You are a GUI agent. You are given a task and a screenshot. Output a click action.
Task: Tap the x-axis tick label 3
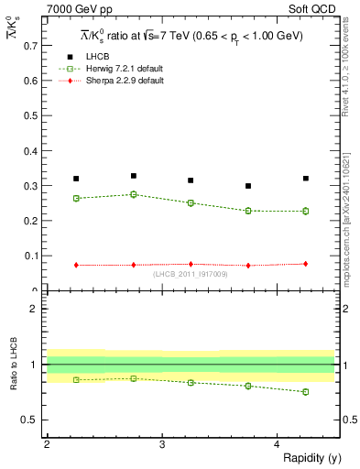[161, 444]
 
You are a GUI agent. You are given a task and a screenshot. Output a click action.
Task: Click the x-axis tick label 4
[277, 444]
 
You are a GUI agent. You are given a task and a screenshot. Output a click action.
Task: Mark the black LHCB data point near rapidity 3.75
[248, 186]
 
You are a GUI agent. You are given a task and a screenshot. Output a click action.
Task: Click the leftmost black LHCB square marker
[76, 179]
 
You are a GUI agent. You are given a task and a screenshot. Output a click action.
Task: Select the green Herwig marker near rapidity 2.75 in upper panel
[134, 194]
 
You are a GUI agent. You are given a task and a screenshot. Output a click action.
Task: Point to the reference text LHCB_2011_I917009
[191, 274]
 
